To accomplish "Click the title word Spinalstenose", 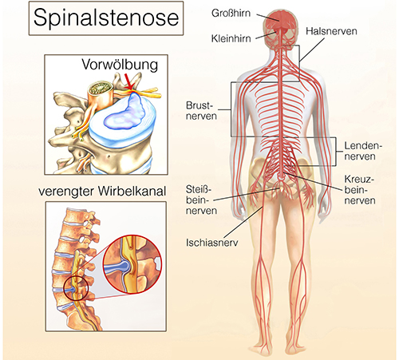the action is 106,18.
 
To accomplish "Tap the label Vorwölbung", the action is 120,65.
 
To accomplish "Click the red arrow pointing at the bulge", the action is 128,82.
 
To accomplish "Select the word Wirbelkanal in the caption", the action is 132,191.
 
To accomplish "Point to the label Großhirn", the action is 231,13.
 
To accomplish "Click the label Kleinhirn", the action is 231,38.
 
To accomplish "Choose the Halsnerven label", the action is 331,31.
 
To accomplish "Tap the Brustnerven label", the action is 201,111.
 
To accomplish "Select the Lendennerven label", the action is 363,151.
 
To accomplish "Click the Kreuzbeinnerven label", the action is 360,190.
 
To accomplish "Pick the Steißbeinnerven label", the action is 201,200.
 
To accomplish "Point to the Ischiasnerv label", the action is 211,243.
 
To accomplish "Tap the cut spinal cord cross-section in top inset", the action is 101,89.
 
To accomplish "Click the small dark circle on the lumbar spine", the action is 76,289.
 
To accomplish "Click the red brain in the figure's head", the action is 279,21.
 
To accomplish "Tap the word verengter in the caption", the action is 66,192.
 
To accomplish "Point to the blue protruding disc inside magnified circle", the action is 117,267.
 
